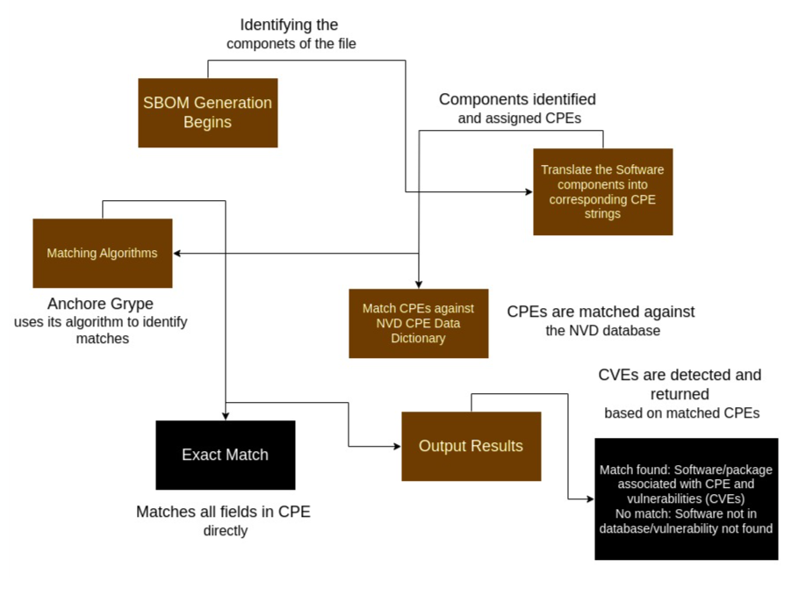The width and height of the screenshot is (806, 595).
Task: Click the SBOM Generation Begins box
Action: coord(207,112)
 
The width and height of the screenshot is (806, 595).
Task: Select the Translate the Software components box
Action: coord(602,191)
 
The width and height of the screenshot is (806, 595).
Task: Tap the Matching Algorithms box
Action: coord(102,253)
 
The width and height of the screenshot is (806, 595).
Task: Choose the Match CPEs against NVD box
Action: coord(418,323)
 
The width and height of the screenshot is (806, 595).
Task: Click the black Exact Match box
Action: coord(225,455)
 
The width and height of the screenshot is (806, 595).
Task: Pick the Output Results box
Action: coord(471,446)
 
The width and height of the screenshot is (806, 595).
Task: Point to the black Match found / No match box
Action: coord(686,498)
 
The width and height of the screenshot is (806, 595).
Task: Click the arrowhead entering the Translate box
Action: coord(528,191)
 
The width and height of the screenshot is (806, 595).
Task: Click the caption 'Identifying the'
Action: coord(289,25)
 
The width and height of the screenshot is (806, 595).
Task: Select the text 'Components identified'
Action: coord(517,99)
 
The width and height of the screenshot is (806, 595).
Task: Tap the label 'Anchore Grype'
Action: coord(100,304)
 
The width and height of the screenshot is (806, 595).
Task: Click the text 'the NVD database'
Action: coord(601,331)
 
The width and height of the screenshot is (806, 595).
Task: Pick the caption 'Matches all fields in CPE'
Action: coord(223,512)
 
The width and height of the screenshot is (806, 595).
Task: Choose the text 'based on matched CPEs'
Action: coord(681,412)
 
